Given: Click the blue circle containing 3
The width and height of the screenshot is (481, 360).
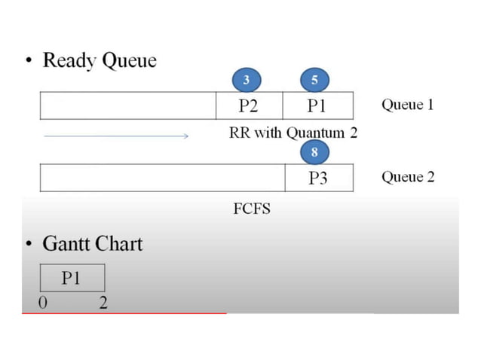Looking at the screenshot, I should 246,80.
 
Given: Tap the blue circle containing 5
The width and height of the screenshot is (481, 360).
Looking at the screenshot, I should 314,80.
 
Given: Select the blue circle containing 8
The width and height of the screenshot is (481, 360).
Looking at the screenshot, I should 314,153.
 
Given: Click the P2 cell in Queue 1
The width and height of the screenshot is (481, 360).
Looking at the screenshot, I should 249,105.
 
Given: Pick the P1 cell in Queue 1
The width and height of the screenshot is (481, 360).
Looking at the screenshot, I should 317,105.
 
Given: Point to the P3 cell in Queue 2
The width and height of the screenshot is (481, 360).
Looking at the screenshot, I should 318,178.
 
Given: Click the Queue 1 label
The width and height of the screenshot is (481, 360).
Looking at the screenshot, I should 407,105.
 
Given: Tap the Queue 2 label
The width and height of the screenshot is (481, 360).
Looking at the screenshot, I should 407,177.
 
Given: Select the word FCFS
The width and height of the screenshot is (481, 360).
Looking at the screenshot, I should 252,209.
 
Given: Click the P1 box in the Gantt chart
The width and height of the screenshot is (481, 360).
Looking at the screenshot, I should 72,278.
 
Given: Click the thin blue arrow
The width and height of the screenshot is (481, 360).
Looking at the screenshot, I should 116,136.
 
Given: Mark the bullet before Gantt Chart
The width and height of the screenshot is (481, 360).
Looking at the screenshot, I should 28,245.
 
